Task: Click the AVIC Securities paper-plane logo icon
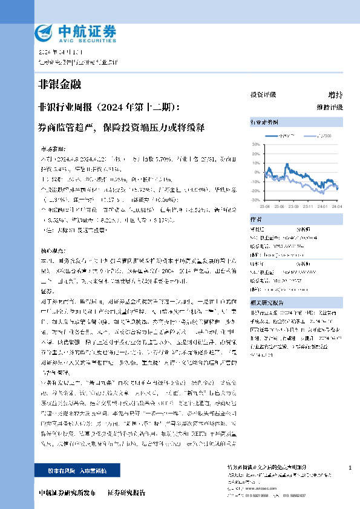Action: pyautogui.click(x=45, y=31)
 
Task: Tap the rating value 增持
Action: pyautogui.click(x=335, y=95)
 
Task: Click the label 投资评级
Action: pyautogui.click(x=263, y=95)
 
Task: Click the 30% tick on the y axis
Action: pyautogui.click(x=255, y=145)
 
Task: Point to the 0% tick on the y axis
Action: pyautogui.click(x=256, y=172)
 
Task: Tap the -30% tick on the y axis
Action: pyautogui.click(x=254, y=199)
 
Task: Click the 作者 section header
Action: pyautogui.click(x=256, y=219)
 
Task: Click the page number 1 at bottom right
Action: pyautogui.click(x=350, y=468)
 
